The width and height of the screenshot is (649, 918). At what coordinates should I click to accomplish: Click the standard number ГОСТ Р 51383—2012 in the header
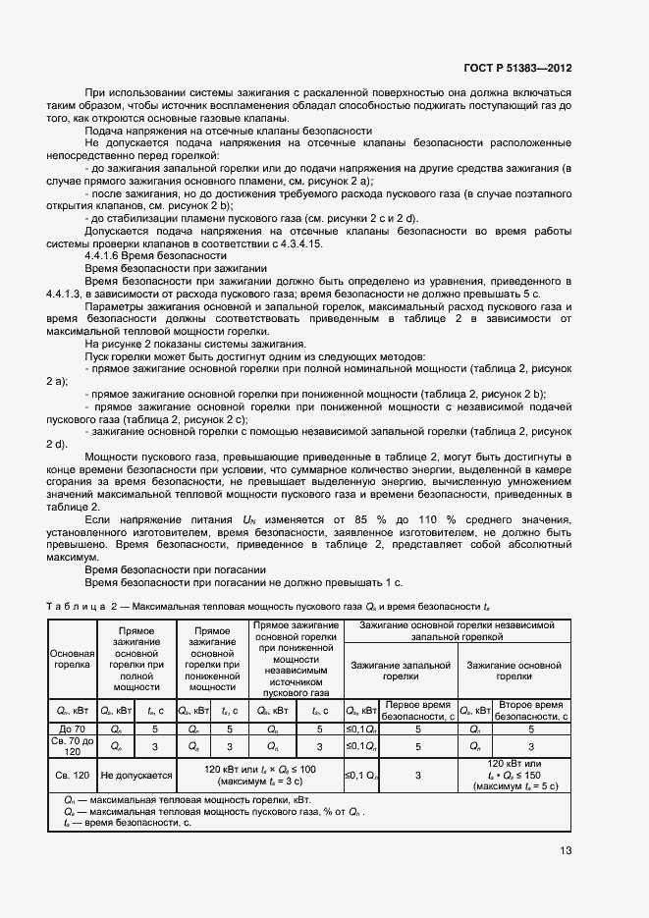[x=517, y=68]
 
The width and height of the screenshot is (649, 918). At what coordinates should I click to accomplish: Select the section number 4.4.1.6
[x=110, y=255]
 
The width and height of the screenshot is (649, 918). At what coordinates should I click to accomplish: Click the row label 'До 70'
[x=72, y=729]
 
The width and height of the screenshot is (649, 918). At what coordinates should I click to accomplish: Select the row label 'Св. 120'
[x=72, y=775]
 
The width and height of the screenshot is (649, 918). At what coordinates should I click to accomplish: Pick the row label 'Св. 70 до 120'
[x=72, y=746]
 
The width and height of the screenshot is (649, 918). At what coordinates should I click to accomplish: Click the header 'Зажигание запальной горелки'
[x=401, y=670]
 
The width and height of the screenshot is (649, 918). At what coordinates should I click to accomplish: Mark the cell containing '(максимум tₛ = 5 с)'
[x=515, y=786]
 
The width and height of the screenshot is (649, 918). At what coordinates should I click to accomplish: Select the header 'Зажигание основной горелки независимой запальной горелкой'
[x=457, y=630]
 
